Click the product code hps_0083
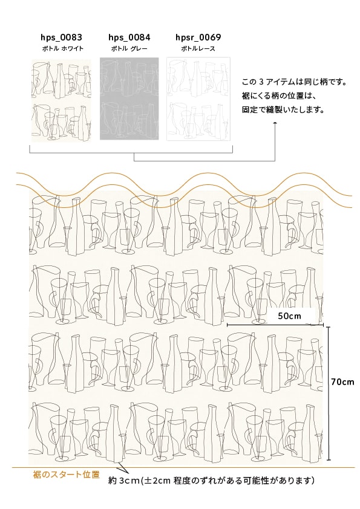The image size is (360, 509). (61, 37)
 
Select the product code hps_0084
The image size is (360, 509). (129, 37)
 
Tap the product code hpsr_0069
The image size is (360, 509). (198, 37)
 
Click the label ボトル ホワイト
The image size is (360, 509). (63, 49)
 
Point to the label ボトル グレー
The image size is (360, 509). (129, 49)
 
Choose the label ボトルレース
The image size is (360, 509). (198, 49)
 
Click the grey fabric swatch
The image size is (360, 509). (129, 99)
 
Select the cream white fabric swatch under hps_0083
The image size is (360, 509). (61, 100)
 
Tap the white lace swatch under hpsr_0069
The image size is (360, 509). (198, 99)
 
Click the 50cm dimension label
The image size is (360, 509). (289, 316)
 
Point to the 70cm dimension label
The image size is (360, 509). (343, 382)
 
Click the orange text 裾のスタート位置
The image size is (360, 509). (67, 475)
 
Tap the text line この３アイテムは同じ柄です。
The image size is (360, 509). (295, 82)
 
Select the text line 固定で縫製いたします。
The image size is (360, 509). (284, 110)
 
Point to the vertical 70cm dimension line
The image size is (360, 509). (329, 394)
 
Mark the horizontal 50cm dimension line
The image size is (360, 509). (275, 324)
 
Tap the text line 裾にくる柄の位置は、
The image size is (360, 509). (279, 96)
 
